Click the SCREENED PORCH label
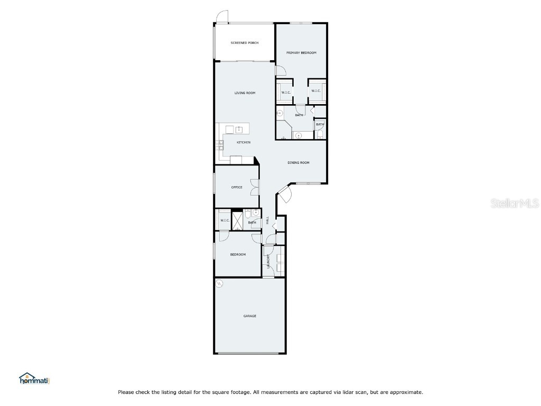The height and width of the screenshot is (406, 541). point(245,43)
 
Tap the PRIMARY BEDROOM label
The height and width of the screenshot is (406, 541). point(301,53)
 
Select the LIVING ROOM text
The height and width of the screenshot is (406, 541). point(245,93)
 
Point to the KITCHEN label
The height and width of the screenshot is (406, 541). point(243,142)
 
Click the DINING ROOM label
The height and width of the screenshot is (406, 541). point(298,163)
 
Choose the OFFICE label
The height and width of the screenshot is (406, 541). point(237,187)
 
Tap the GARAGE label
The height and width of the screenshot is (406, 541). point(249,316)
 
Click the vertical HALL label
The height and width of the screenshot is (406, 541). point(268,220)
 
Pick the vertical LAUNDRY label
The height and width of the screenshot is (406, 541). point(268,262)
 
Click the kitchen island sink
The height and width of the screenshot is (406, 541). point(239,128)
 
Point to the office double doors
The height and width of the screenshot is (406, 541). point(255,187)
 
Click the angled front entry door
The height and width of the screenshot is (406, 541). point(283,195)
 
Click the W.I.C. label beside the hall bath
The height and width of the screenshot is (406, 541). point(224,220)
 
